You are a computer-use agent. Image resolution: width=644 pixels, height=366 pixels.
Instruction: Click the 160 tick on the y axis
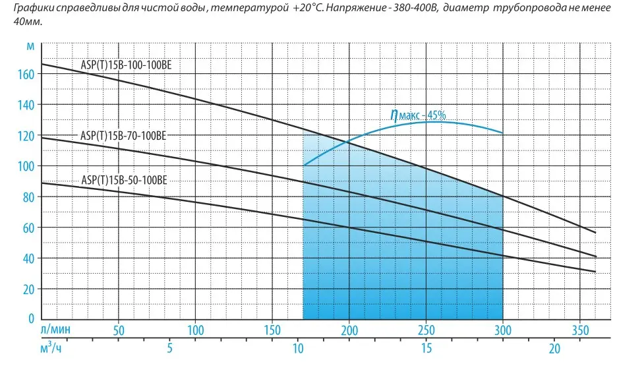(25, 75)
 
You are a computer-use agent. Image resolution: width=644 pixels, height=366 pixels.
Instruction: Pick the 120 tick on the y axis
(25, 136)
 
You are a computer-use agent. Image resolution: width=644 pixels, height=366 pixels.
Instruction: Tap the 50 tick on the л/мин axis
(119, 329)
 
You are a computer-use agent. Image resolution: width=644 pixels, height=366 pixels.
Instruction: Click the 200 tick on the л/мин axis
(349, 329)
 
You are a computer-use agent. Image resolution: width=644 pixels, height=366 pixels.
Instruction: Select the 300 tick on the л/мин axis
(502, 329)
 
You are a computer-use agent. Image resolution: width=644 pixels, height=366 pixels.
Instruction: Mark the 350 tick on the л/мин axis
(579, 329)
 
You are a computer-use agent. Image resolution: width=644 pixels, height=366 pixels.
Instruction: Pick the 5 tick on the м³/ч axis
(169, 348)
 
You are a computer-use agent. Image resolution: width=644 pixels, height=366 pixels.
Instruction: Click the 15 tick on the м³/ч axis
(426, 348)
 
